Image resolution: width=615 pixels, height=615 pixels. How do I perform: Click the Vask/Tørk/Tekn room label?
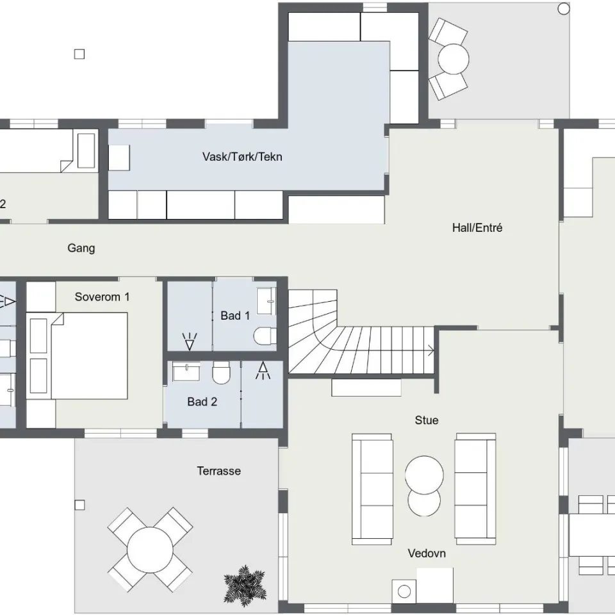(242, 157)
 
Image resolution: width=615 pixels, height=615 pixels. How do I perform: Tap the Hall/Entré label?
(477, 227)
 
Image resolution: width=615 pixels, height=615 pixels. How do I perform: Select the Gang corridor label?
(81, 249)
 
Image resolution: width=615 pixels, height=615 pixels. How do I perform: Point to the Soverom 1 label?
(102, 297)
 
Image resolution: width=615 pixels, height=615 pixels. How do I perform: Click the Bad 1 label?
(235, 315)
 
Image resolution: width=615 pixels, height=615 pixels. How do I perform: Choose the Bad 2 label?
(202, 402)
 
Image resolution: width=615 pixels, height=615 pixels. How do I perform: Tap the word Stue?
(427, 420)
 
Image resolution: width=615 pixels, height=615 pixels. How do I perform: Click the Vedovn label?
(427, 553)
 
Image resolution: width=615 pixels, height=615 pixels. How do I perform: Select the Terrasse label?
(219, 471)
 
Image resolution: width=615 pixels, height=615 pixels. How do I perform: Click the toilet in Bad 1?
(265, 336)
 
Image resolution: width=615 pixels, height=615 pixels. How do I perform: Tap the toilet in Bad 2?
(221, 373)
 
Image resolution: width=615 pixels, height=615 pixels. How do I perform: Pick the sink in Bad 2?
(186, 372)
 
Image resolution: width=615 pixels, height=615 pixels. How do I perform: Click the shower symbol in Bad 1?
(190, 341)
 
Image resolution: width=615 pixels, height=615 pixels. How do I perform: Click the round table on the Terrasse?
(150, 550)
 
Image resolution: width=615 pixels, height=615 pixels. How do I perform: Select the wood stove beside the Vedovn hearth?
(404, 591)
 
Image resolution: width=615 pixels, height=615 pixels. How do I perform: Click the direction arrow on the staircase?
(430, 350)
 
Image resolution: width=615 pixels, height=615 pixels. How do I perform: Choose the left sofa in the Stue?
(372, 489)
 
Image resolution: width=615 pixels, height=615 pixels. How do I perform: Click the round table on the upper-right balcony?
(454, 59)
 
